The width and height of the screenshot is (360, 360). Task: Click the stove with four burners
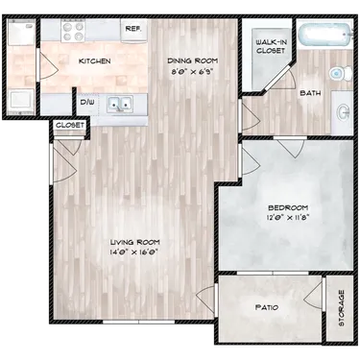tap(73, 32)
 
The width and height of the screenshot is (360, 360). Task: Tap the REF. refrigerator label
tap(133, 29)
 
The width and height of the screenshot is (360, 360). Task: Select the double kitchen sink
tap(120, 104)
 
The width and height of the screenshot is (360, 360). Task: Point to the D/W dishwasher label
tap(85, 103)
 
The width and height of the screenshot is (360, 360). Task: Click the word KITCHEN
tap(95, 61)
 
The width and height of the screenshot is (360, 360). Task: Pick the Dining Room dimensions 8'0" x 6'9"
tap(192, 72)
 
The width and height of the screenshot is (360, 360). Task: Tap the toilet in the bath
tap(341, 73)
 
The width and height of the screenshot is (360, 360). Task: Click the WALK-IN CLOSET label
tap(271, 46)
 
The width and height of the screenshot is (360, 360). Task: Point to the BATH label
tap(310, 93)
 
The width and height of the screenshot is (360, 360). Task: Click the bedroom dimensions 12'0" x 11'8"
tap(288, 218)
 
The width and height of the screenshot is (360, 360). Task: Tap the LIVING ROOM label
tap(134, 242)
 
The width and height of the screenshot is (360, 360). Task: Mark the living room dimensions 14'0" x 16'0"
tap(134, 252)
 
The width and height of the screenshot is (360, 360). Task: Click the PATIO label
tap(267, 307)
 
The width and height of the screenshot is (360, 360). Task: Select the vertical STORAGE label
tap(342, 308)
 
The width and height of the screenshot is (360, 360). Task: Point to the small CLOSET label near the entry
tap(70, 125)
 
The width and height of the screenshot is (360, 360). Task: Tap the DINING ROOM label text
tap(193, 60)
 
